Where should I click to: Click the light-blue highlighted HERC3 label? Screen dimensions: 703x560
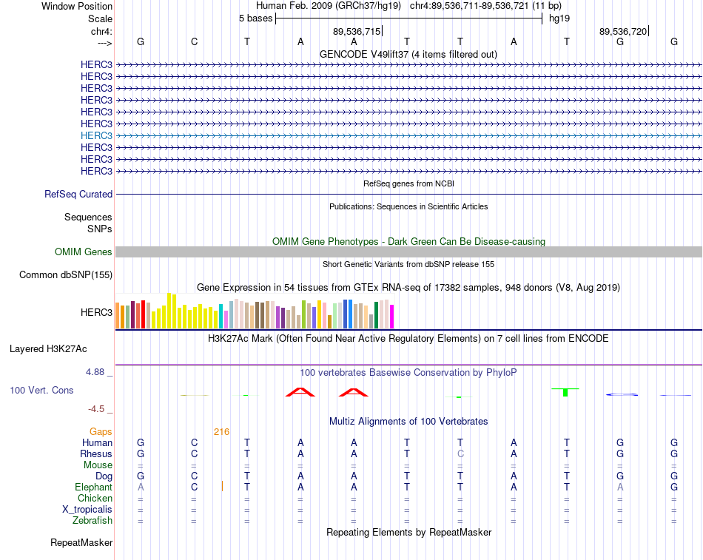click(96, 135)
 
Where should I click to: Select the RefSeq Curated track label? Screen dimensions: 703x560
click(78, 194)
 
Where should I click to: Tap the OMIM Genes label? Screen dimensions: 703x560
click(84, 252)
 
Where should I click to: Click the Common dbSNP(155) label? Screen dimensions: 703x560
click(66, 275)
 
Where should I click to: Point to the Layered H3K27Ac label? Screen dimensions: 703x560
click(48, 349)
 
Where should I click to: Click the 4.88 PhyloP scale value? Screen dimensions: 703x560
click(95, 371)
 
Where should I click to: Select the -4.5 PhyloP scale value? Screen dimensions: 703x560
click(96, 409)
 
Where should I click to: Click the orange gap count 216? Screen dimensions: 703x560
click(221, 432)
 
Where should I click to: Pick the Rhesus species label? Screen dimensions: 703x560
click(96, 453)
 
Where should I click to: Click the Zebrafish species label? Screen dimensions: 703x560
click(92, 521)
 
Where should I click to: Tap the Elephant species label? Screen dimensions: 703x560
click(94, 488)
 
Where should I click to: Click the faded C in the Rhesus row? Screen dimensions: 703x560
click(460, 453)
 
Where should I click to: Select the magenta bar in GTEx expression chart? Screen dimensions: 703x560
click(392, 317)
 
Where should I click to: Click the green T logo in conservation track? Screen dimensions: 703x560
click(565, 392)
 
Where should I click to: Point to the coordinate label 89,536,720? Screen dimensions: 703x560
click(623, 31)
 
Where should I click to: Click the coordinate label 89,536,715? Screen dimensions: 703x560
click(357, 31)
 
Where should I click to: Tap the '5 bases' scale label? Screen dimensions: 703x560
click(255, 18)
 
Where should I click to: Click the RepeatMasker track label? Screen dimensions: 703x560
click(81, 542)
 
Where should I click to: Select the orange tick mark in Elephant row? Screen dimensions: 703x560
click(223, 486)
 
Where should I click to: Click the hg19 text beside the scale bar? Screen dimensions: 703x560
click(559, 18)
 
